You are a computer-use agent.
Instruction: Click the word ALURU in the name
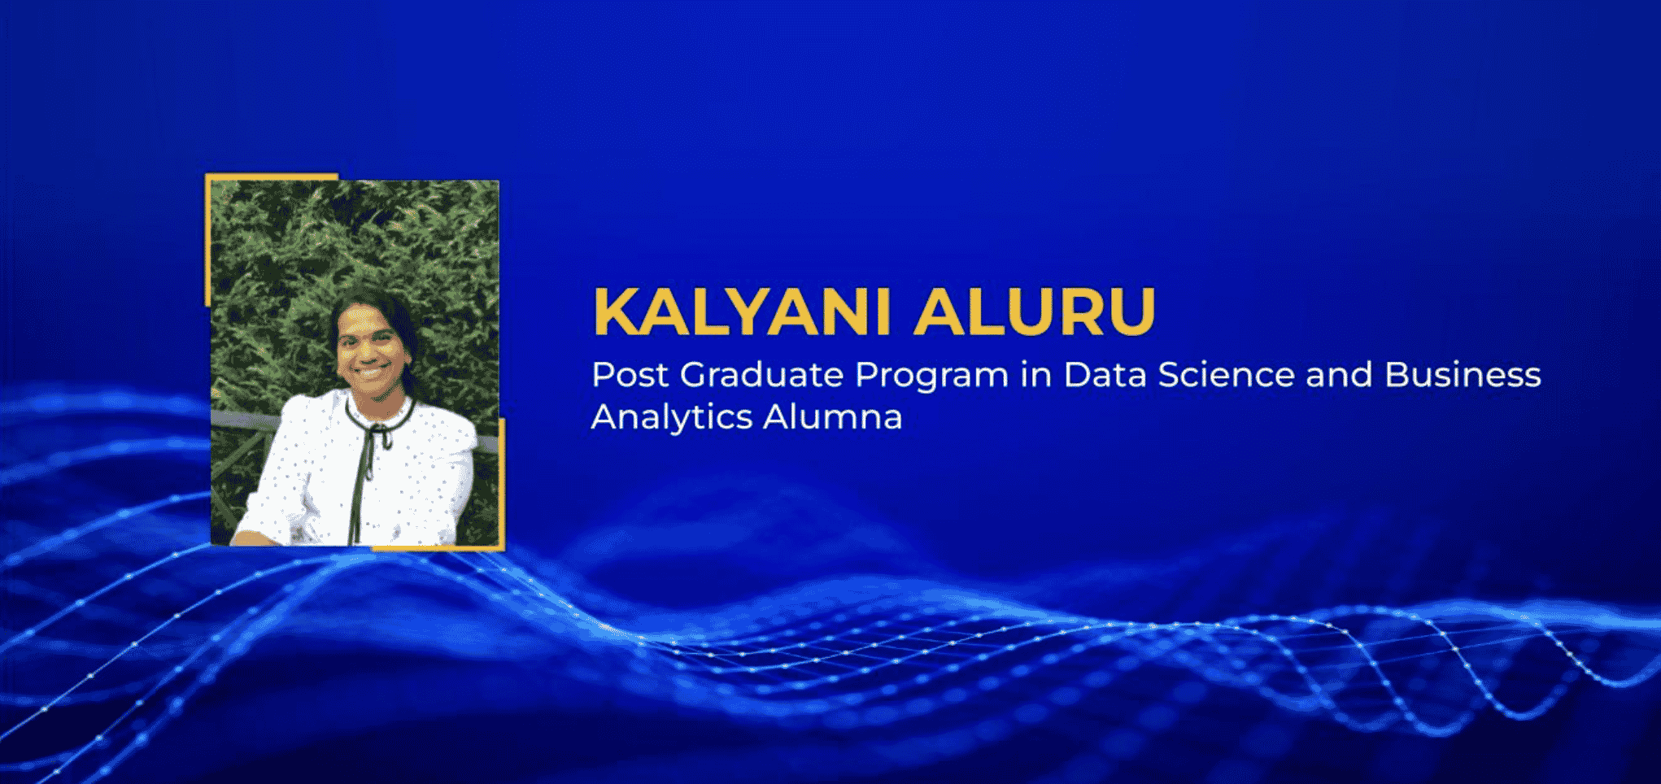click(1035, 311)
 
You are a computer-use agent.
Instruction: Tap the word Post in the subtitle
click(630, 375)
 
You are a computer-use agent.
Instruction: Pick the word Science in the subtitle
click(1227, 375)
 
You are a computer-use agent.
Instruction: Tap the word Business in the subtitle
click(1463, 375)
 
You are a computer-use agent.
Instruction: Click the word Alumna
click(833, 417)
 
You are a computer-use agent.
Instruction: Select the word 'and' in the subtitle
click(1339, 375)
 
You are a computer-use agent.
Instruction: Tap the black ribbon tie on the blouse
click(368, 455)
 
